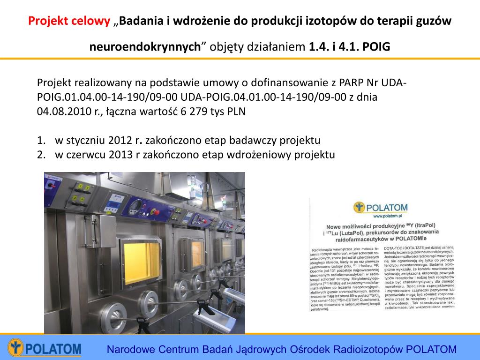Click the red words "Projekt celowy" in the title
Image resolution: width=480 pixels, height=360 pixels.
(69, 22)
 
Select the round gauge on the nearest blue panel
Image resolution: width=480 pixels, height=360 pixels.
(136, 206)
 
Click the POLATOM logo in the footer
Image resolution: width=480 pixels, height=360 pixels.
(45, 349)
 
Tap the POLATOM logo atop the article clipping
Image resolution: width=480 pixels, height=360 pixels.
(382, 207)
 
